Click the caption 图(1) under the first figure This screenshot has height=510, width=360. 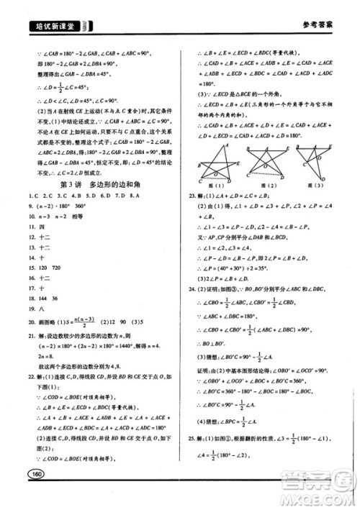click(x=212, y=186)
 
